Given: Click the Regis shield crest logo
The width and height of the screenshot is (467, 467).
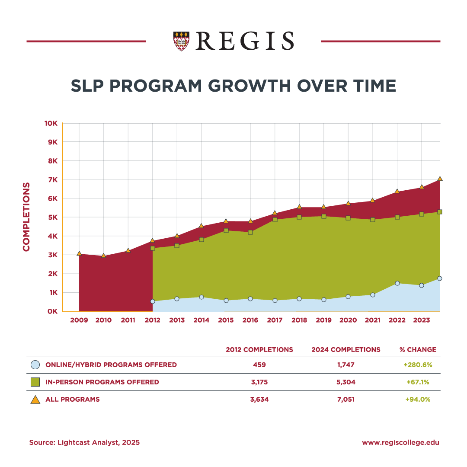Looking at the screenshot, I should [181, 41].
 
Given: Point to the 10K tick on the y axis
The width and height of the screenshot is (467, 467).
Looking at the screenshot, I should [51, 123].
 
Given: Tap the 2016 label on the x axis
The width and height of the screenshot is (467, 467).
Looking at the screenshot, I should [250, 320].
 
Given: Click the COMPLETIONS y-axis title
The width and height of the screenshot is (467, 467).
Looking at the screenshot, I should [27, 217].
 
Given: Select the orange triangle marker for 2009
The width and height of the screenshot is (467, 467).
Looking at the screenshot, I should [79, 253].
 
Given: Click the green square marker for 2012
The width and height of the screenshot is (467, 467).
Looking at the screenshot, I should [153, 248].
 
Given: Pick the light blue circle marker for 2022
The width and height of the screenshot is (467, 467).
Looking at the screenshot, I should [397, 283].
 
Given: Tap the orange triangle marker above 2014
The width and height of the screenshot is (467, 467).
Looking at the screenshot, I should [201, 226].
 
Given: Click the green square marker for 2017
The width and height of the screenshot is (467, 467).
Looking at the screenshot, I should [275, 220].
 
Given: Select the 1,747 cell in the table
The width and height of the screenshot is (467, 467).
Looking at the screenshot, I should [346, 365].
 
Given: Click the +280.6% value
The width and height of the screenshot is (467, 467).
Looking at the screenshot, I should [418, 365].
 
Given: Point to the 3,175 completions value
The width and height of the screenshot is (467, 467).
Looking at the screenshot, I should [259, 382].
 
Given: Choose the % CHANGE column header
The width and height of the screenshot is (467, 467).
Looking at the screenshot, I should [418, 350].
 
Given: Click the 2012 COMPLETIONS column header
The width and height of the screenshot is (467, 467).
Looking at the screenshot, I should [259, 350].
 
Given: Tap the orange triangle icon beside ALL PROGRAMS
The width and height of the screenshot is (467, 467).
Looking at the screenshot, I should [35, 400].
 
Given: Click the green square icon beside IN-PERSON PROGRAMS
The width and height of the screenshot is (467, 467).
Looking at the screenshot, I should [35, 382].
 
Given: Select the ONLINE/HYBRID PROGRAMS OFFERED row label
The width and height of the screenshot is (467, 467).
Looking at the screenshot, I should [111, 365].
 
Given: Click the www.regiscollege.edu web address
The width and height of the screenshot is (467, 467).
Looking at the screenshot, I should [400, 443].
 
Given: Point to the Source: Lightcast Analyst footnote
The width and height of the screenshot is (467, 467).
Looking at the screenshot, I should [84, 443].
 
